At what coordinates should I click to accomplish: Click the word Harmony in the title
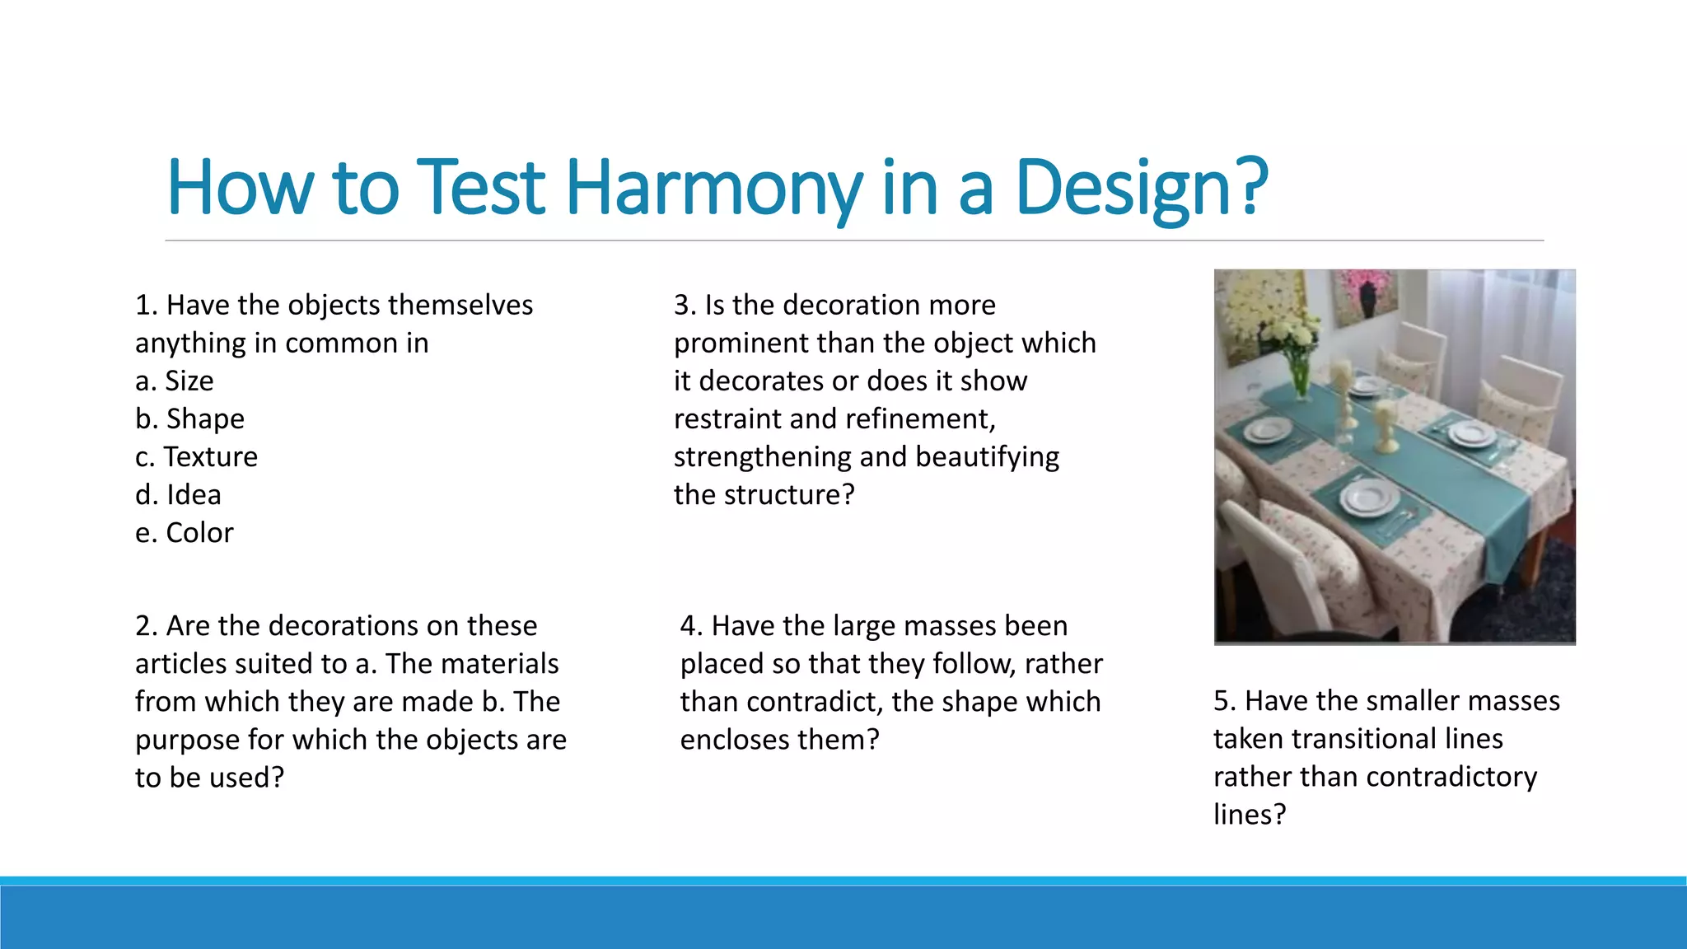coord(713,188)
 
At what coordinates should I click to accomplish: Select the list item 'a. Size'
coord(174,381)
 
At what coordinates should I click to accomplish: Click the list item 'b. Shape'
coord(189,419)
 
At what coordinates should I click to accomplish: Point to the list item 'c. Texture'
coord(196,457)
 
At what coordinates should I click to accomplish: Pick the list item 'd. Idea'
coord(178,495)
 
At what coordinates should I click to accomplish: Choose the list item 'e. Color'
coord(184,533)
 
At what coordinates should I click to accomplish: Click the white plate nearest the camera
coord(1368,498)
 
